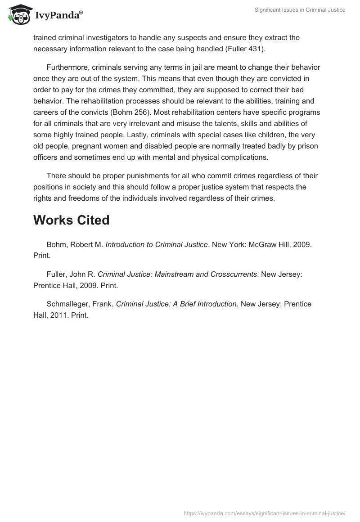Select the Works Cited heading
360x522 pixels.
tap(72, 220)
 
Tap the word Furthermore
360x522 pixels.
tap(67, 67)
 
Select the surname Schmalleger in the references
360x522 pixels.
tap(67, 304)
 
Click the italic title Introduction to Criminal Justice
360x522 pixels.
tap(157, 244)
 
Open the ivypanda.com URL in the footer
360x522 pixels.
tap(265, 513)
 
